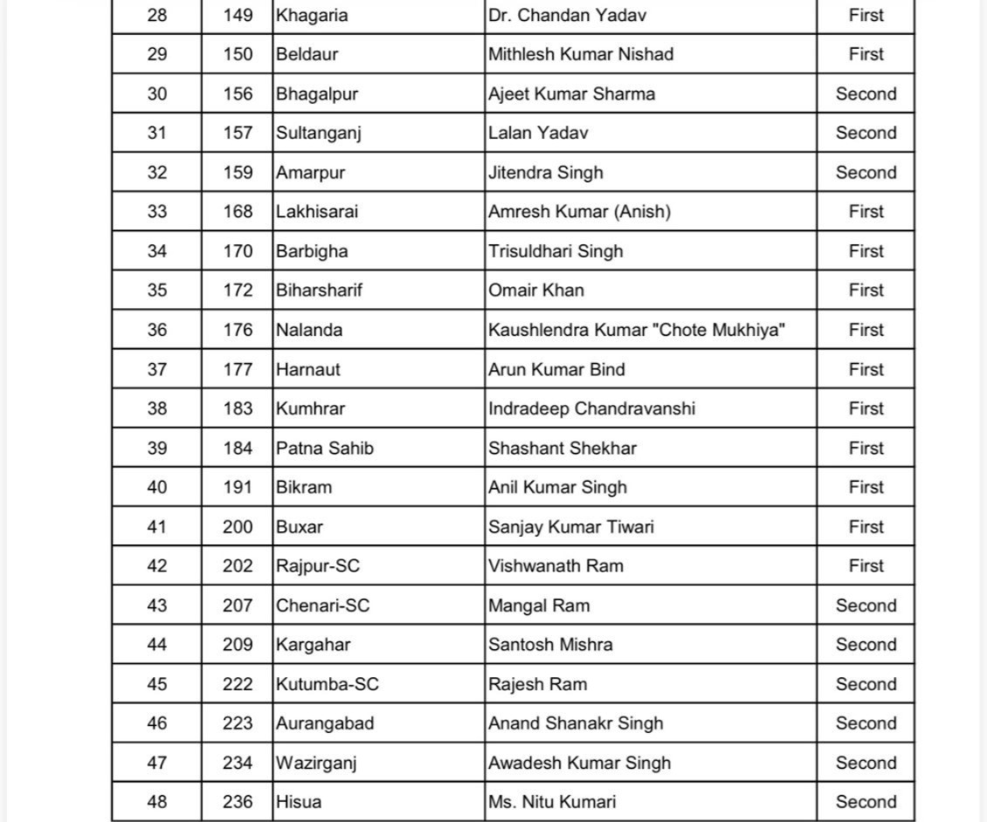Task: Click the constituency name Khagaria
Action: (311, 16)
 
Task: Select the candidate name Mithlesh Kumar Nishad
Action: (581, 54)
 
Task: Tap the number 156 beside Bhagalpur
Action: (238, 94)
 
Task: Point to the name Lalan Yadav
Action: (538, 134)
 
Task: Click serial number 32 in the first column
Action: (157, 173)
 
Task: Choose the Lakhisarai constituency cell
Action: (317, 212)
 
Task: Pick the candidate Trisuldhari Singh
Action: (556, 251)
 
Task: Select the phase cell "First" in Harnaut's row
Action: (866, 369)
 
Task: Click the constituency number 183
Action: (238, 408)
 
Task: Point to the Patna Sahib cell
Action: (325, 449)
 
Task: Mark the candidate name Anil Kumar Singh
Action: (557, 488)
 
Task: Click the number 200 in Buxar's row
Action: (238, 527)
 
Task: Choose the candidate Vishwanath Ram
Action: (556, 566)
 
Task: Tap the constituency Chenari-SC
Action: (322, 606)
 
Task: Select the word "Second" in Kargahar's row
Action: (866, 645)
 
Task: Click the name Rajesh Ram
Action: (537, 684)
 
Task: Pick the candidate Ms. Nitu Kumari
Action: (552, 802)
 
